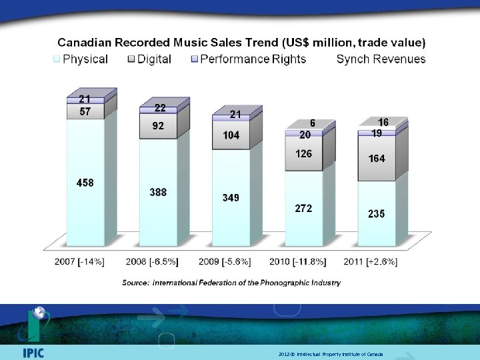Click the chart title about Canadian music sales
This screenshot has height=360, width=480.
(241, 42)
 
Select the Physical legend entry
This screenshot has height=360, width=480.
(81, 59)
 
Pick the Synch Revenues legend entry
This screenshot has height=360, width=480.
(381, 59)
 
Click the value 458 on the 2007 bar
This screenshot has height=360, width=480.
(85, 183)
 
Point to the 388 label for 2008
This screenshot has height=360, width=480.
(158, 192)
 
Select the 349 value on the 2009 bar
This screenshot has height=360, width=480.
(231, 198)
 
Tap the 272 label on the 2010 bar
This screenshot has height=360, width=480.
(303, 209)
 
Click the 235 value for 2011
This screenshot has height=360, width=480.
(376, 213)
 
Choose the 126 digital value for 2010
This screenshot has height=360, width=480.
(303, 154)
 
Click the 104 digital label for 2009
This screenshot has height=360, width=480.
(231, 135)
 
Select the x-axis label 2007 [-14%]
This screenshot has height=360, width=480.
(79, 262)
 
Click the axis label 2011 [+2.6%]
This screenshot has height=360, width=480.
(371, 262)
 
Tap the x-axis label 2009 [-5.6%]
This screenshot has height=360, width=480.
(225, 262)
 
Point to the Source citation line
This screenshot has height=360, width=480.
(231, 283)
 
